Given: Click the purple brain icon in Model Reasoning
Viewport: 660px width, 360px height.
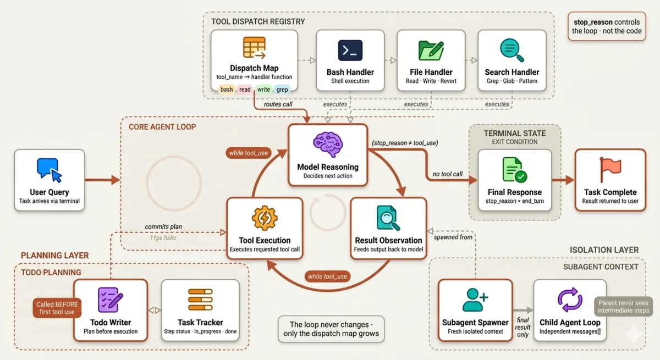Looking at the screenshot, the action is coord(328,145).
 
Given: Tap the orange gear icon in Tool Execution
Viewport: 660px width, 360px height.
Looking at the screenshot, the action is coord(265,218).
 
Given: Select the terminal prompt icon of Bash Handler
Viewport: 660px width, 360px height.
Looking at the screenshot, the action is coord(350,51).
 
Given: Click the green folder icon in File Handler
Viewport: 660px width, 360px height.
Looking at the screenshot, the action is coord(431,51).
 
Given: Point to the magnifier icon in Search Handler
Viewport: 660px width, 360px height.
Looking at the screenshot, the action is coord(512,50).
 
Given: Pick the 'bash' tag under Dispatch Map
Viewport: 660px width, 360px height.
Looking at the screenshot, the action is coord(227,90).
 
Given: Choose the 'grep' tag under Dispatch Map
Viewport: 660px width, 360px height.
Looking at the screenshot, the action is coord(282,90).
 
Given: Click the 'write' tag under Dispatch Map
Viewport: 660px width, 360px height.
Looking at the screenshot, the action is coord(263,90).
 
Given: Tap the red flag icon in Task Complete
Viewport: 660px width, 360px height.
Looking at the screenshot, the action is coord(610,169).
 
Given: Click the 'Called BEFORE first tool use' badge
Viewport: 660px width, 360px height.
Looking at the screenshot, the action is coord(57,308).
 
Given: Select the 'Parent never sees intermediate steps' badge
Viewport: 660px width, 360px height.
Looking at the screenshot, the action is coord(623,307).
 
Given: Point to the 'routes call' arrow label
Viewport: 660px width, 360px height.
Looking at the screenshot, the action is coord(278,104).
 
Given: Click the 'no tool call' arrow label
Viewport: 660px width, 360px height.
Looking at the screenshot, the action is coord(447,174).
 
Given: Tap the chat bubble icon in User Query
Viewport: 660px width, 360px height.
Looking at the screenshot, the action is coord(49,170).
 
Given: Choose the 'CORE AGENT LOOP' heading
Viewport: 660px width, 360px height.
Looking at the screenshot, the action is coord(162,127).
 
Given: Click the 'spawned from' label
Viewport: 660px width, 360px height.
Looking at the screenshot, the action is coord(453,237).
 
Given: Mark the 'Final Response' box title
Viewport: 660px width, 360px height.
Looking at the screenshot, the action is coord(514,192).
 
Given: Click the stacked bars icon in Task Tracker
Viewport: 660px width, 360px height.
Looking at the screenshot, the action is coord(200,300).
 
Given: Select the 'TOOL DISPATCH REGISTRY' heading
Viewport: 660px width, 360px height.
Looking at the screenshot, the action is coord(258,21).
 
